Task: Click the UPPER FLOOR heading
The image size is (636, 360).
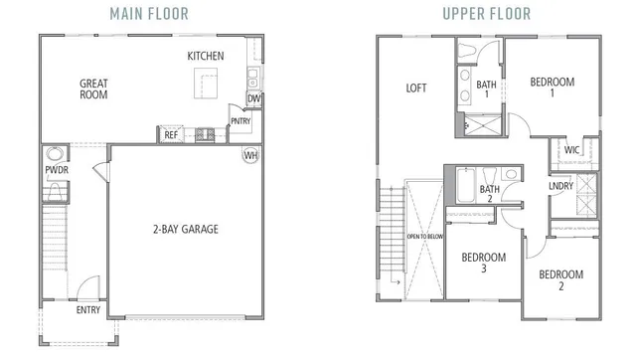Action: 487,14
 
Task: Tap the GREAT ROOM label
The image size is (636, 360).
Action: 93,90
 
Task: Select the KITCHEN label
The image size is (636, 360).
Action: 206,56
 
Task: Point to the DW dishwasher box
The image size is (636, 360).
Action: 254,99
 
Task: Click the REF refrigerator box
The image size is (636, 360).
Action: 171,134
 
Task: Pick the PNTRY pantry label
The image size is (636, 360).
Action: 240,122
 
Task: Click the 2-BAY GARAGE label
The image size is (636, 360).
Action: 185,229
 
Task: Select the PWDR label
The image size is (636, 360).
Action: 55,170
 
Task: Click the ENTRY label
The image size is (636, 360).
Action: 88,309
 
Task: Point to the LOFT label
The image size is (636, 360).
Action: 416,88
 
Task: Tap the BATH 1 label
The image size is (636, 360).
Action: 487,90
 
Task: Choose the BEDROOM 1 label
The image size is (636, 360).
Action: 553,88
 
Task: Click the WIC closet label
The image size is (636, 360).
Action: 571,150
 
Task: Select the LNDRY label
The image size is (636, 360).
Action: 560,186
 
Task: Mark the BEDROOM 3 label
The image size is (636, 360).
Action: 484,263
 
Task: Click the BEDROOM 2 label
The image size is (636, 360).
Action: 561,279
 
